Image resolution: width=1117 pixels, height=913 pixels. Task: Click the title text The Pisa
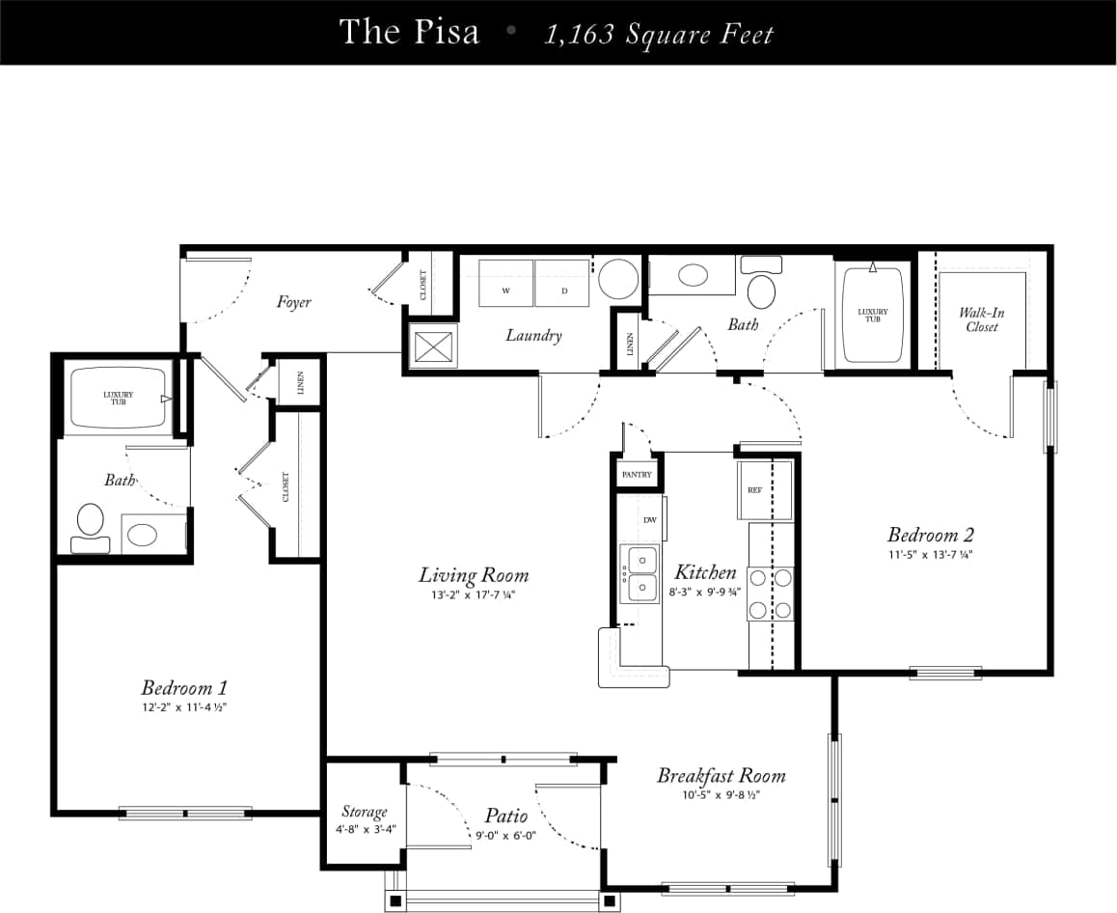pos(408,32)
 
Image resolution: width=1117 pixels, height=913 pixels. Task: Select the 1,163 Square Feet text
pos(659,34)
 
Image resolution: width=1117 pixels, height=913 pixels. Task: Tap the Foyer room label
pos(293,302)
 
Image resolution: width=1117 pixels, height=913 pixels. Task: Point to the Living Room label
pos(473,575)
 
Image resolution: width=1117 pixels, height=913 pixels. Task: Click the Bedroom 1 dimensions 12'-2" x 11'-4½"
pos(183,707)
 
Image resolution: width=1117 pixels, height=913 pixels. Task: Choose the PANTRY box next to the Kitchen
pos(637,474)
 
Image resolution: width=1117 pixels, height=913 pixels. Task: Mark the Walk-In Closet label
pos(982,319)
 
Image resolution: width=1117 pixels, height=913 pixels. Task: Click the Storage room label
pos(364,812)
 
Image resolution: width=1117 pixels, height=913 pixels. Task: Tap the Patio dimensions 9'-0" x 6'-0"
pos(505,836)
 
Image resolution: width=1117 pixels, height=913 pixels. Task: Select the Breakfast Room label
pos(721,776)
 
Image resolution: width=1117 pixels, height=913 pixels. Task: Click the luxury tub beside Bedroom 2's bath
pos(872,315)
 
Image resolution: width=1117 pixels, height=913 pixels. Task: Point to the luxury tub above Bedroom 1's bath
pos(119,397)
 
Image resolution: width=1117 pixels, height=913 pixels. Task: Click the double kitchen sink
pos(639,572)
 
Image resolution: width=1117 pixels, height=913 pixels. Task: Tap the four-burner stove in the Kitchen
pos(771,593)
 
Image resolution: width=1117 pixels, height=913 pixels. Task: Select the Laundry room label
pos(533,336)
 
